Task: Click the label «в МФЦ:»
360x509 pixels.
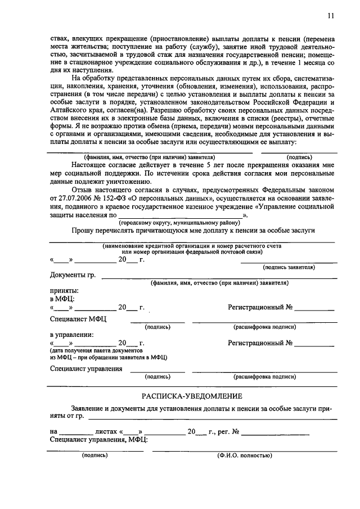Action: pyautogui.click(x=62, y=299)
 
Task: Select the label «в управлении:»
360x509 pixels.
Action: pyautogui.click(x=72, y=334)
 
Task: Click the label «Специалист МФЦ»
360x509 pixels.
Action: pyautogui.click(x=78, y=319)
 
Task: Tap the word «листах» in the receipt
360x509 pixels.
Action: pyautogui.click(x=106, y=432)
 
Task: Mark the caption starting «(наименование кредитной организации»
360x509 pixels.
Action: pyautogui.click(x=191, y=246)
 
